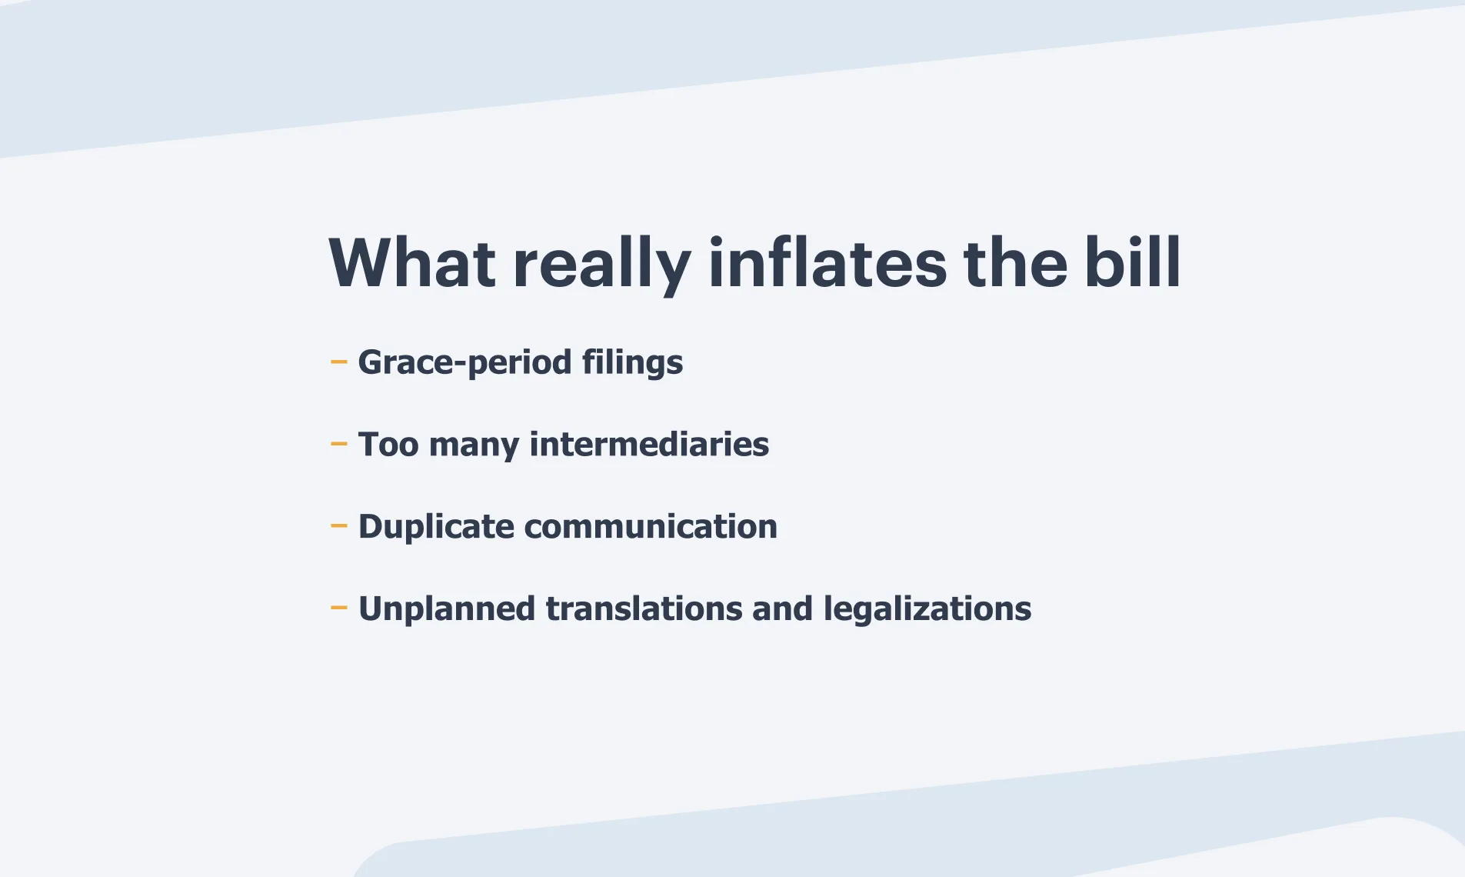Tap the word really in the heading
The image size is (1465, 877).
point(601,266)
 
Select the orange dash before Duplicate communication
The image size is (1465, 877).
point(338,525)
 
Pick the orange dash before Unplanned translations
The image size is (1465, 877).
point(338,608)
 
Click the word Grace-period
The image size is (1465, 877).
point(464,362)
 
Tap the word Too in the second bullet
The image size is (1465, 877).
point(388,445)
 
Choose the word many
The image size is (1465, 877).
point(474,447)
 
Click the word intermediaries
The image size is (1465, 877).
point(649,444)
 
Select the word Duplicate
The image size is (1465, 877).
point(436,527)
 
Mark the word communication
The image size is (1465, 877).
point(651,527)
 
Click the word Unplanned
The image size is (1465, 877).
point(447,609)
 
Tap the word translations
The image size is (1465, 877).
point(644,609)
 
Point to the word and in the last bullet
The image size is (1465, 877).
point(782,609)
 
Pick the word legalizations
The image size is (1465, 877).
point(927,609)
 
